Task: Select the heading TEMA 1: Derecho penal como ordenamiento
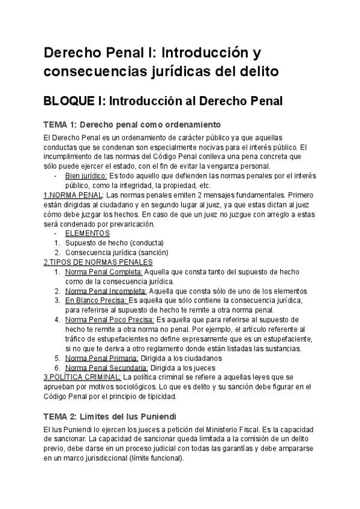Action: tap(133, 125)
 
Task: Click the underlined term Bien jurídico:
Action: tap(86, 176)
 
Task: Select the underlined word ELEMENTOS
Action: tap(88, 233)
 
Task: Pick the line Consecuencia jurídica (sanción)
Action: tap(116, 252)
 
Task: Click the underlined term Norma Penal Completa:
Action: tap(104, 271)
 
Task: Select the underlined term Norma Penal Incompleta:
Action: tap(107, 291)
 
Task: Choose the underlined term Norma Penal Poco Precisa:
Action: tap(110, 319)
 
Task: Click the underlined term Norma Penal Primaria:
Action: tap(103, 358)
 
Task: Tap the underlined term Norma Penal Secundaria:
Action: tap(107, 367)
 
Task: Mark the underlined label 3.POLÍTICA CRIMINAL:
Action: tap(82, 377)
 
